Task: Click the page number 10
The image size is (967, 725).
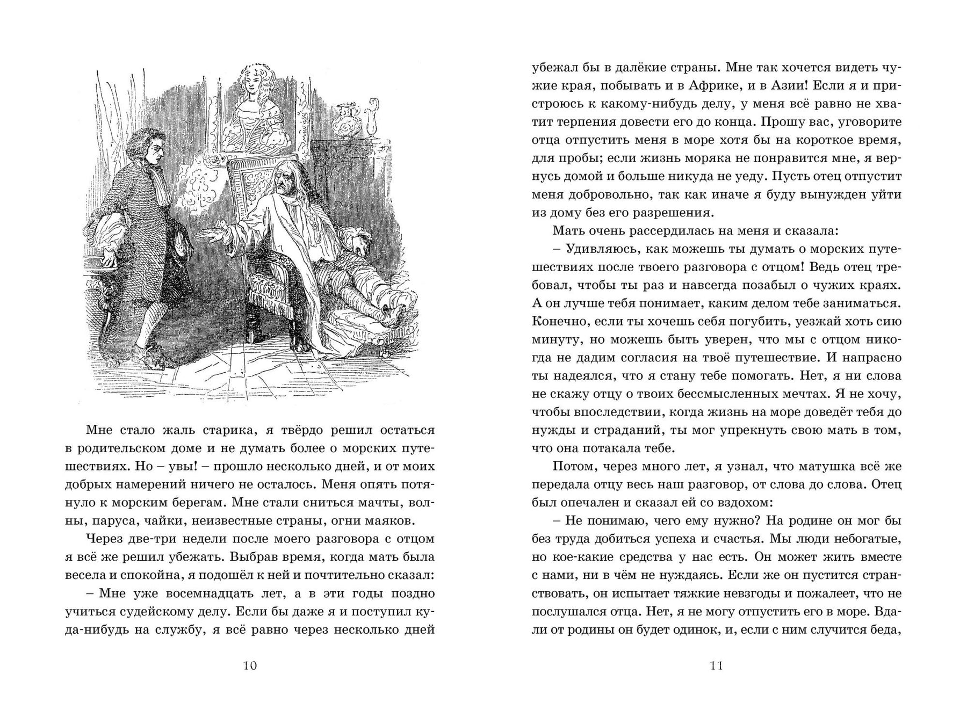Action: [x=250, y=666]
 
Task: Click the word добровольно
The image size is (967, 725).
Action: [x=590, y=194]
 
